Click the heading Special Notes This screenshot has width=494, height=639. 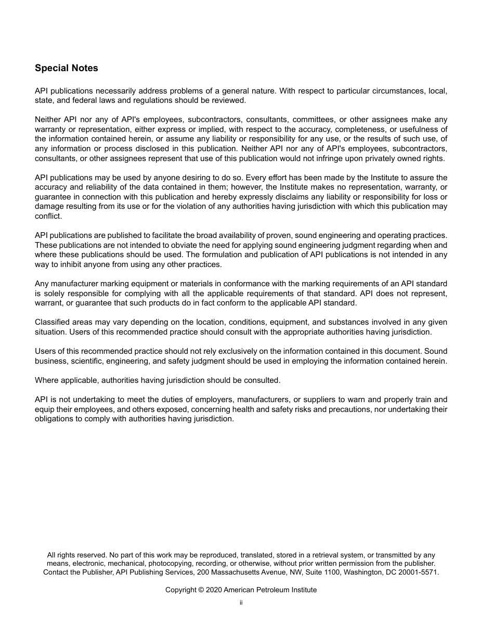pos(66,68)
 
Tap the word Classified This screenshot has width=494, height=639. pos(52,322)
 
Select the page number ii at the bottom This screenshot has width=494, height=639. pos(241,603)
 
